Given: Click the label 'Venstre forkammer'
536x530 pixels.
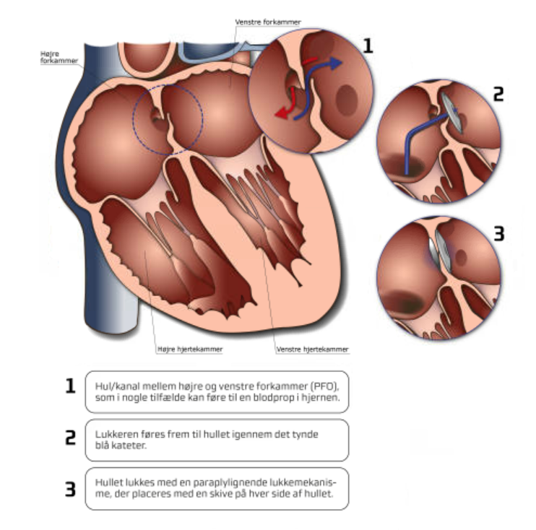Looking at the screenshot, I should coord(268,22).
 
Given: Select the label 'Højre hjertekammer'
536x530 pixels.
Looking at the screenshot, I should coord(180,349).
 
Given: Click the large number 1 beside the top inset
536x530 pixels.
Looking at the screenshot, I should coord(368,45).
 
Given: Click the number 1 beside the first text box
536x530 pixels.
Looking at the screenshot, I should coord(71,386).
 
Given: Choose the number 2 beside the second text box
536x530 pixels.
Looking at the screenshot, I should coord(71,438).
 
